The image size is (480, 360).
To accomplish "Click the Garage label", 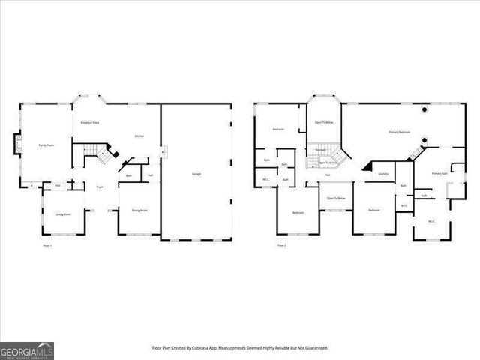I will (x=196, y=174).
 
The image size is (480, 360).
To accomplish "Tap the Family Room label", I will (x=46, y=145).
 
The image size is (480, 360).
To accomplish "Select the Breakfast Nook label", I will (x=90, y=122).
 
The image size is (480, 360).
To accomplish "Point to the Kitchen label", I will (x=139, y=136).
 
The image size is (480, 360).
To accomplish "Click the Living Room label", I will (x=64, y=214).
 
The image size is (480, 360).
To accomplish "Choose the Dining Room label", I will (x=139, y=211).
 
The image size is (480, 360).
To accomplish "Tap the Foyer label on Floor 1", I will (x=99, y=187).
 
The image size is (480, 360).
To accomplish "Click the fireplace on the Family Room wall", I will (x=17, y=145).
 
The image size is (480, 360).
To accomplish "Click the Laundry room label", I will (x=383, y=174).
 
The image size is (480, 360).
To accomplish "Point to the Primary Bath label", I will (x=439, y=174).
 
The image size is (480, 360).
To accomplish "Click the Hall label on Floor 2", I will (x=328, y=175).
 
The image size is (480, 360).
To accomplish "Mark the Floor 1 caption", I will (x=46, y=245).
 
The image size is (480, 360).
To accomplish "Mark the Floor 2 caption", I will (x=281, y=245).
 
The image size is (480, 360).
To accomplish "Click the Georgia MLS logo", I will (x=27, y=351).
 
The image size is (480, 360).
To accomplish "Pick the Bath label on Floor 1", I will (x=129, y=177).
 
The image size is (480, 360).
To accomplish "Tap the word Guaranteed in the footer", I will (x=315, y=348).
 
